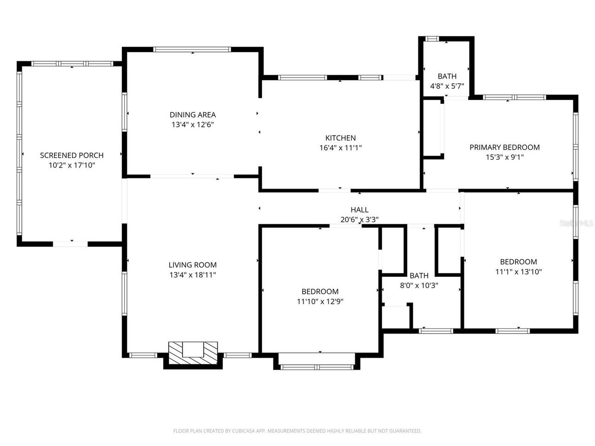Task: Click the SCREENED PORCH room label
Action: click(x=72, y=155)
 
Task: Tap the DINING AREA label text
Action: click(x=192, y=115)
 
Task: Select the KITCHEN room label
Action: click(x=340, y=138)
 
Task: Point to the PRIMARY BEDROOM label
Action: click(x=504, y=147)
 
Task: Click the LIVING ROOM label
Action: click(x=192, y=265)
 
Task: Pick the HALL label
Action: click(x=359, y=210)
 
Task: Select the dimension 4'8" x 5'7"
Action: click(x=447, y=86)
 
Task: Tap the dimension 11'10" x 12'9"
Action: click(x=320, y=301)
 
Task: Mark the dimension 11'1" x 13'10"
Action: click(x=518, y=272)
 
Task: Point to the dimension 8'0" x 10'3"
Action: click(x=419, y=286)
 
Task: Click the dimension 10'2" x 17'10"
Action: click(x=72, y=165)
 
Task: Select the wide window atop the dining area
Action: click(x=192, y=49)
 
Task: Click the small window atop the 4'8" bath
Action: click(x=432, y=39)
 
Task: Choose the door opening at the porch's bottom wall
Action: click(x=70, y=243)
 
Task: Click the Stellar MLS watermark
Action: click(x=576, y=223)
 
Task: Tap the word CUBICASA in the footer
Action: click(x=245, y=431)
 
